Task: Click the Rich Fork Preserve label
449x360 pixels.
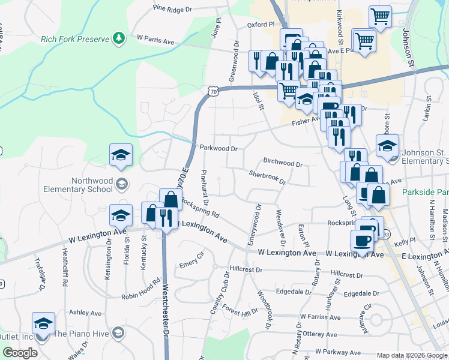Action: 75,40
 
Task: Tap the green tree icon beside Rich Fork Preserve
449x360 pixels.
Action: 119,38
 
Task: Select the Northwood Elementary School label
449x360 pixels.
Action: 79,185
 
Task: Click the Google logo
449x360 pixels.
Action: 20,353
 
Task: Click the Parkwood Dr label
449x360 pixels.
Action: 218,148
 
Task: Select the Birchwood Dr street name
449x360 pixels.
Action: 283,163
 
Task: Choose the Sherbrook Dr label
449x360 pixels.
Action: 268,177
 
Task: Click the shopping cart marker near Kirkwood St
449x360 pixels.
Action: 381,16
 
